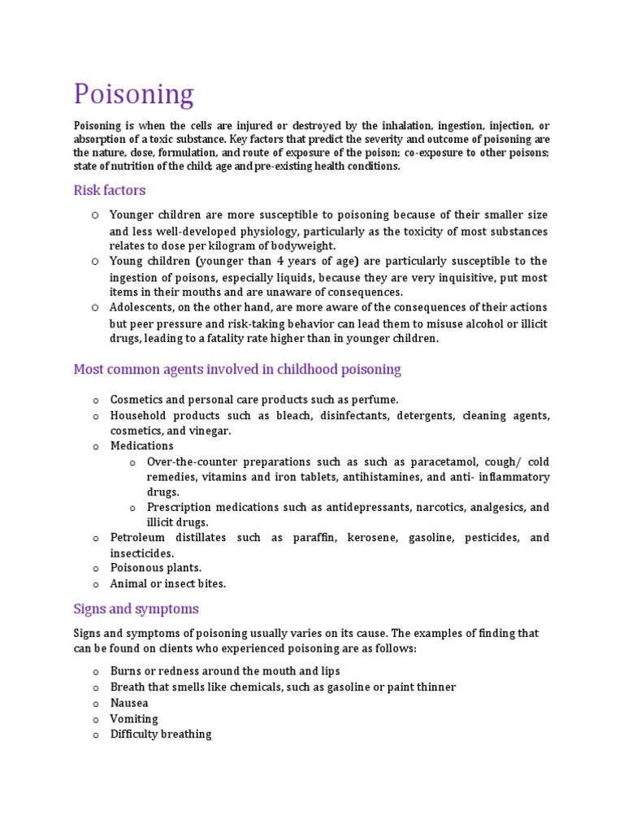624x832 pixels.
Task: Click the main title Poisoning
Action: [133, 94]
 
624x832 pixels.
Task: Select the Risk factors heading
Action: [110, 190]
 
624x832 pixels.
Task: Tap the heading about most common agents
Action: [237, 370]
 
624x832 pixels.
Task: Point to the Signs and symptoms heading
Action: [136, 609]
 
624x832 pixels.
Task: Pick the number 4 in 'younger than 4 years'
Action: [280, 262]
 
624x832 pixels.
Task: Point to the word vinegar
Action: [208, 431]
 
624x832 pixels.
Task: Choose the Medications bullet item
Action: [141, 446]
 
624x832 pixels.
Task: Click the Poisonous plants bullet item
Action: [155, 568]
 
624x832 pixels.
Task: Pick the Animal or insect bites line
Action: [167, 583]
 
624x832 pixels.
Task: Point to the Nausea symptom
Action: [129, 703]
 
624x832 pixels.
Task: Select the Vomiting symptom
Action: [134, 718]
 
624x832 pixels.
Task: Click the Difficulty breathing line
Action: [161, 734]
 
